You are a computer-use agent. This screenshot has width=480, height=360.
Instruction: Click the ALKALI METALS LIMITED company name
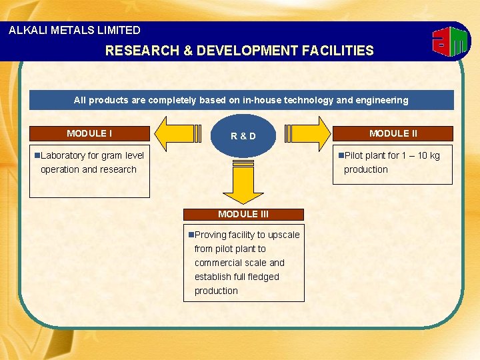point(75,30)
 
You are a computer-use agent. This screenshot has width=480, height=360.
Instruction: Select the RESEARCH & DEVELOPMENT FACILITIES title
point(239,51)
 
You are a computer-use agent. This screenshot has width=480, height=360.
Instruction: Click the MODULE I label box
point(89,133)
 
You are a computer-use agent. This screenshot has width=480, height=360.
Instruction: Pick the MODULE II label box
point(393,133)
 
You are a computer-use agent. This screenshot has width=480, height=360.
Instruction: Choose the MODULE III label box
point(243,214)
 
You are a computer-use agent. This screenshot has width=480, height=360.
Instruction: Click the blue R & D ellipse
point(243,136)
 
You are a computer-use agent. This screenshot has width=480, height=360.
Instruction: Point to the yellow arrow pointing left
point(175,133)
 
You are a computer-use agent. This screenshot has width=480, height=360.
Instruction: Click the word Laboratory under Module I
point(63,155)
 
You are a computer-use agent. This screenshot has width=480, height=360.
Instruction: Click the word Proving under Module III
point(211,235)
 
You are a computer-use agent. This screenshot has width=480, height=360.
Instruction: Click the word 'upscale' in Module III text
point(283,235)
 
